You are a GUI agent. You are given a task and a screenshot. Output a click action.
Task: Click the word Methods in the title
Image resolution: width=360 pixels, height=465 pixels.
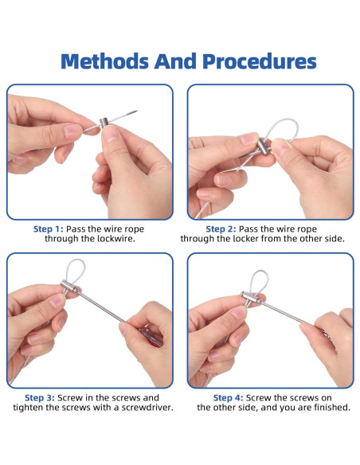tap(104, 61)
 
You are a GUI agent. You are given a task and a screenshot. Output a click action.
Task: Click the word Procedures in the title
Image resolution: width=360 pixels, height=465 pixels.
tap(260, 61)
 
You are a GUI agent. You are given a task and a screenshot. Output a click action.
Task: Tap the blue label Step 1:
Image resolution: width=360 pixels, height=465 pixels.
tap(49, 229)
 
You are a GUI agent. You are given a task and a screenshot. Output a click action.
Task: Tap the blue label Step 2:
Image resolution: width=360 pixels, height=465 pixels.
tap(221, 229)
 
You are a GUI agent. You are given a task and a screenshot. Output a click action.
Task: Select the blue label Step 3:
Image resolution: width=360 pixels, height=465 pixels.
tap(40, 397)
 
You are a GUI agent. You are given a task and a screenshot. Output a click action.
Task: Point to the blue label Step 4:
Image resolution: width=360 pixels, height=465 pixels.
tap(229, 397)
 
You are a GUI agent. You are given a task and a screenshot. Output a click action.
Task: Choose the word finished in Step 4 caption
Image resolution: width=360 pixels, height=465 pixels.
tap(332, 407)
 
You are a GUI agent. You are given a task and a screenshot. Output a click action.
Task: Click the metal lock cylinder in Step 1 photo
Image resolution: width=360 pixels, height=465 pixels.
tap(104, 123)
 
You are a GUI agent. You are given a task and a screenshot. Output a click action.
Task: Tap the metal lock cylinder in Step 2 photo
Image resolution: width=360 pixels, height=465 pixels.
tap(263, 147)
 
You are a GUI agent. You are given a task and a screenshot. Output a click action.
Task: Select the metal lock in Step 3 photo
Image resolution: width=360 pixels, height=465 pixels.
tap(70, 286)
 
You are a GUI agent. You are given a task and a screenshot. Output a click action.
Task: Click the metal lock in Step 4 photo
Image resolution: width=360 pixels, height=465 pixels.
tap(251, 298)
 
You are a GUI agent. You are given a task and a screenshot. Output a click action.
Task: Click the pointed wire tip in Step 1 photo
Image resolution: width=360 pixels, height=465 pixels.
tap(137, 111)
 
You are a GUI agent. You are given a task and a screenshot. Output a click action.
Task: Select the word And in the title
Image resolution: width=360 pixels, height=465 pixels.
tap(175, 61)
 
